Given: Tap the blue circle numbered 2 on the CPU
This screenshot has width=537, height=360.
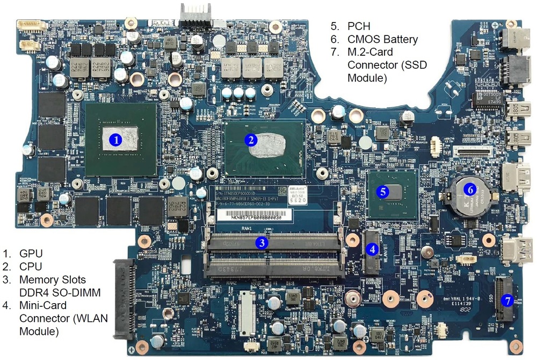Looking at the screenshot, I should pos(250,139).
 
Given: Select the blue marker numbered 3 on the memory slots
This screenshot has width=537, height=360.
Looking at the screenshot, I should pos(261,243).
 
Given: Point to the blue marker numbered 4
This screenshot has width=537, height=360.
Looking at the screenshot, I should pos(372,248).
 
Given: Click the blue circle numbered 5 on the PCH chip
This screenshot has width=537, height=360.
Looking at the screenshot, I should pos(382,190).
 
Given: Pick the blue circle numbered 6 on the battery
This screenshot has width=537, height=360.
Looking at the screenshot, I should pos(469,189).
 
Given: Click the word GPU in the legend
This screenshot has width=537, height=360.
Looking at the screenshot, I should pos(31,253).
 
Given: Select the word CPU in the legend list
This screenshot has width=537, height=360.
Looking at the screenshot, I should pos(31,266).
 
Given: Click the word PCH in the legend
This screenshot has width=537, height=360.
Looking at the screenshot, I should pos(359,26).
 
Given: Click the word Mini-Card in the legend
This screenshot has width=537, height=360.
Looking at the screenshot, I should pos(43,305).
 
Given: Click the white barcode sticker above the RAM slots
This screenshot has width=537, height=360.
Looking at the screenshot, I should pos(255,215).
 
